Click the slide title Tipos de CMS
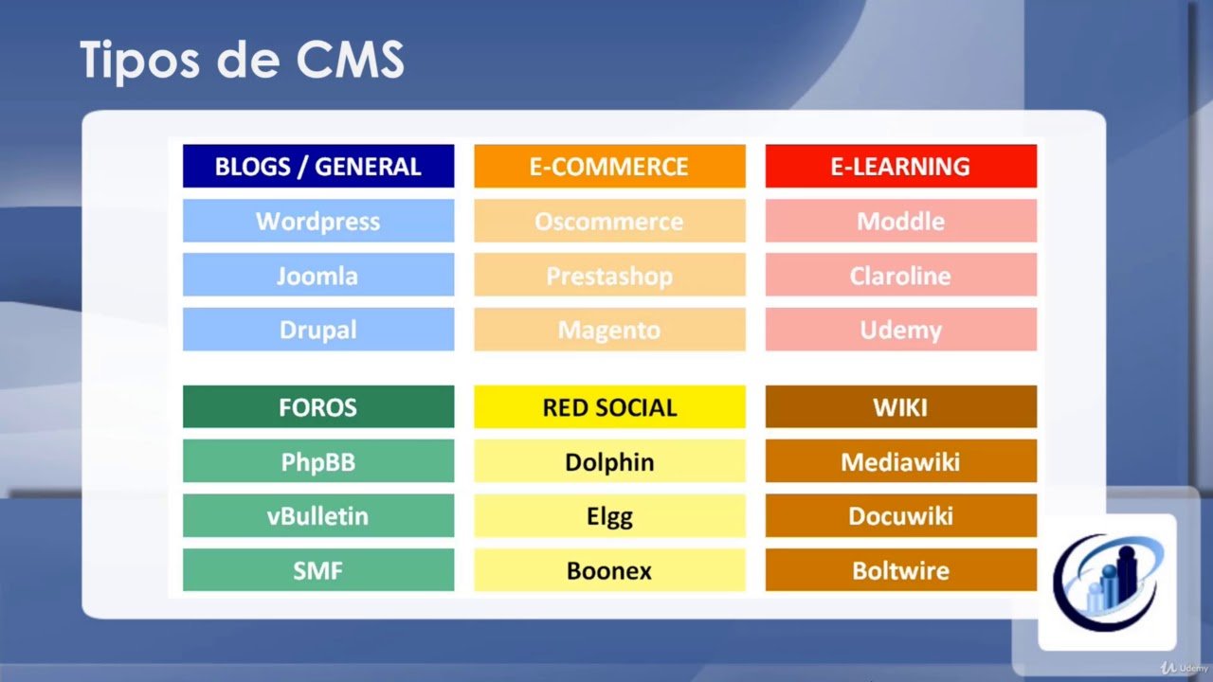pos(242,60)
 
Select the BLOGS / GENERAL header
pos(318,166)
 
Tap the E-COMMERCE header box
pos(609,166)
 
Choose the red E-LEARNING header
pos(901,166)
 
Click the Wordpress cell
pos(318,221)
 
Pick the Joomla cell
pos(318,275)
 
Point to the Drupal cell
pos(318,329)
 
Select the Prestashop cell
pos(609,275)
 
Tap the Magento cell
pos(609,329)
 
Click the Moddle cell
pos(901,221)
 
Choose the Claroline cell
pos(901,275)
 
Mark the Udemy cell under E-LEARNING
pos(901,329)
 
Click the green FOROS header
pos(318,407)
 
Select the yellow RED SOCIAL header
pos(609,407)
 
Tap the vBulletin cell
pos(318,516)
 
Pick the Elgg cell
pos(609,516)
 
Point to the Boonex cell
pos(609,570)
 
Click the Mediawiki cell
pos(901,461)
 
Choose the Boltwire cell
pos(901,570)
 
